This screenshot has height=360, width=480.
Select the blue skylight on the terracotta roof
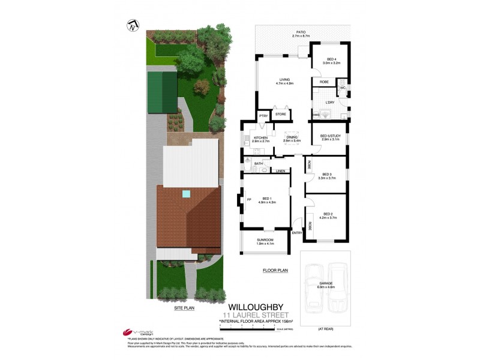[187, 194]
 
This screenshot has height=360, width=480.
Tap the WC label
[343, 88]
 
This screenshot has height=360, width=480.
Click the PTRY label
[263, 116]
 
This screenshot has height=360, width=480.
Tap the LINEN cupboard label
[280, 171]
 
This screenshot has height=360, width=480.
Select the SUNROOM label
[265, 241]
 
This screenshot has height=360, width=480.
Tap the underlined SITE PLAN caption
[184, 307]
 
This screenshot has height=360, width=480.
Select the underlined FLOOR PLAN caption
[275, 271]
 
